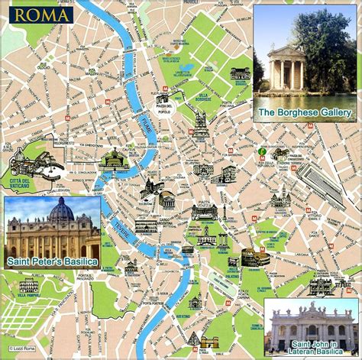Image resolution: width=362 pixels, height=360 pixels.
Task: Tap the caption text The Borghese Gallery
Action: pos(305,112)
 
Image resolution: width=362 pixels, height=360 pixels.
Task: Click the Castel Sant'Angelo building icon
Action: pos(114,159)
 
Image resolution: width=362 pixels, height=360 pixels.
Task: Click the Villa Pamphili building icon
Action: pos(28,286)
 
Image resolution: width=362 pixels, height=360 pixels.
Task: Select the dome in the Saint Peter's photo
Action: pos(60,211)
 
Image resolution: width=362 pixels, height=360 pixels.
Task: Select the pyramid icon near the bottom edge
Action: pos(195,339)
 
